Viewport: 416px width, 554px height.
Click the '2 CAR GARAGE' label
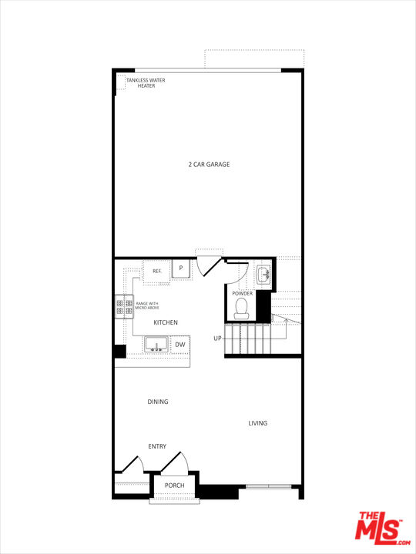(210, 164)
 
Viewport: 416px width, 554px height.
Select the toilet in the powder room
(242, 309)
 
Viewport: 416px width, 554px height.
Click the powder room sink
(263, 273)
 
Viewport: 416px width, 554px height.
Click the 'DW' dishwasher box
(179, 345)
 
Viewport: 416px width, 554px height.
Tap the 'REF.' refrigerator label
(156, 271)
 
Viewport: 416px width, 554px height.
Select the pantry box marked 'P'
(180, 268)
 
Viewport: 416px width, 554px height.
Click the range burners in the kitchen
(124, 307)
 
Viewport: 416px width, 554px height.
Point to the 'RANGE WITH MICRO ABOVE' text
(147, 305)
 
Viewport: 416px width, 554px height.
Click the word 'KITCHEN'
(166, 322)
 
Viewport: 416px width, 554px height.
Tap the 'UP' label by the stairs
(218, 339)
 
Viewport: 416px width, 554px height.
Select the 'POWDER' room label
(242, 293)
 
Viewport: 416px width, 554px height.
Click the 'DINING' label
(158, 402)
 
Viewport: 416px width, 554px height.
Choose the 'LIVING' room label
(258, 423)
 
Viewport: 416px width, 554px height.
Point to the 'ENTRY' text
(157, 446)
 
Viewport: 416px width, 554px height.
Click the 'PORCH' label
(174, 485)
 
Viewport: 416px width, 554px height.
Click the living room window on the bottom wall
(269, 486)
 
